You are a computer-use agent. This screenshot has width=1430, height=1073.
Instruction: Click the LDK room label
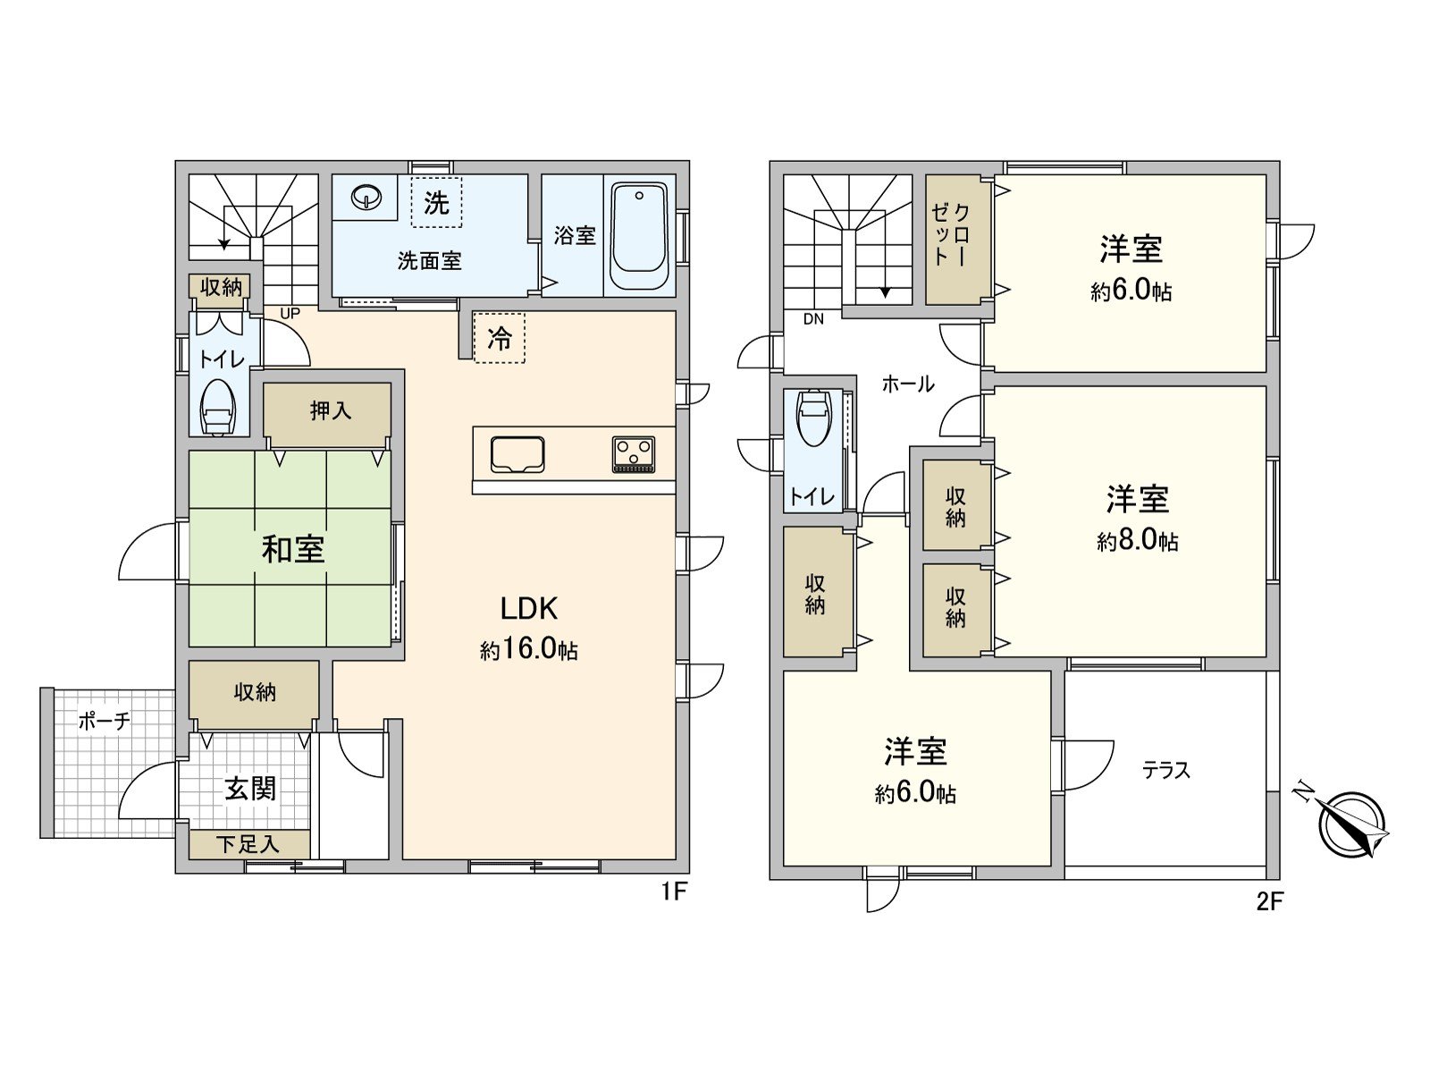(528, 609)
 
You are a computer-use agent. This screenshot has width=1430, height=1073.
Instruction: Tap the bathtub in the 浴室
(639, 236)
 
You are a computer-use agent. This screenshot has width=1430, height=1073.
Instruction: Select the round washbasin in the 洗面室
(366, 196)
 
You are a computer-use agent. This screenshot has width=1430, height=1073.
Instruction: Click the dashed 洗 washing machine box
(436, 203)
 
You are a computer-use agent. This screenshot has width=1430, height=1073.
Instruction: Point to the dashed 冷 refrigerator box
(499, 338)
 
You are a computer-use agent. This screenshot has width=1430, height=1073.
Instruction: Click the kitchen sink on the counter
(517, 453)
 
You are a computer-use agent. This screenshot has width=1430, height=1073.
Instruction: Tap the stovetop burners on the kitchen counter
(634, 453)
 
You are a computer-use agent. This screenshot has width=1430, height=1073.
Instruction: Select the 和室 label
(293, 549)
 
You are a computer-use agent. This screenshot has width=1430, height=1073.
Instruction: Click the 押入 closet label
(331, 411)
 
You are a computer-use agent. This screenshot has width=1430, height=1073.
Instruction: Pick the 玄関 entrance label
(250, 789)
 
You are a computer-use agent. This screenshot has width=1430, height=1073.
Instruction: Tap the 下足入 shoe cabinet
(248, 844)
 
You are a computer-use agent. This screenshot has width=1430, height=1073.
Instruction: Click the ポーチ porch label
(105, 721)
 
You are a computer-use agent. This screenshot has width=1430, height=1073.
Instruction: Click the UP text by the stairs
(290, 314)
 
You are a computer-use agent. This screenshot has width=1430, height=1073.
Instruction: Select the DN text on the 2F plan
(813, 319)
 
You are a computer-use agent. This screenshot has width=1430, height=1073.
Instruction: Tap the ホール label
(908, 384)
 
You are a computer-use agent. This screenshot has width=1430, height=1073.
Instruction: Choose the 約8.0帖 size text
(1137, 541)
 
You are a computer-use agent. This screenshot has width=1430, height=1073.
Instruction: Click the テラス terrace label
(1166, 770)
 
